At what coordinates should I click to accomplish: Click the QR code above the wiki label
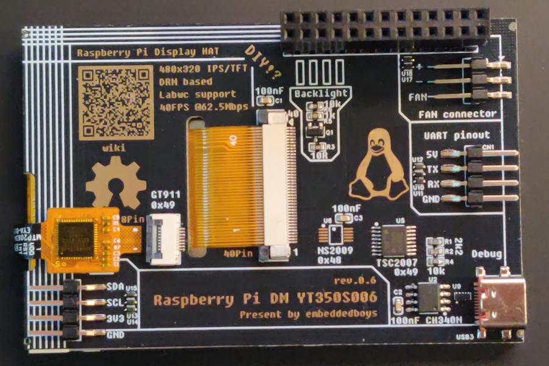click(115, 102)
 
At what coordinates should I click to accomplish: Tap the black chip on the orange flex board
click(77, 239)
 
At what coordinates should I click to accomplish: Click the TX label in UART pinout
click(432, 168)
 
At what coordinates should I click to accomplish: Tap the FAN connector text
click(457, 114)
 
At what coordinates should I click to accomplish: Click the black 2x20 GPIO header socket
click(385, 30)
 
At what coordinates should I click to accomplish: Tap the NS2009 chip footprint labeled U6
click(335, 235)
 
